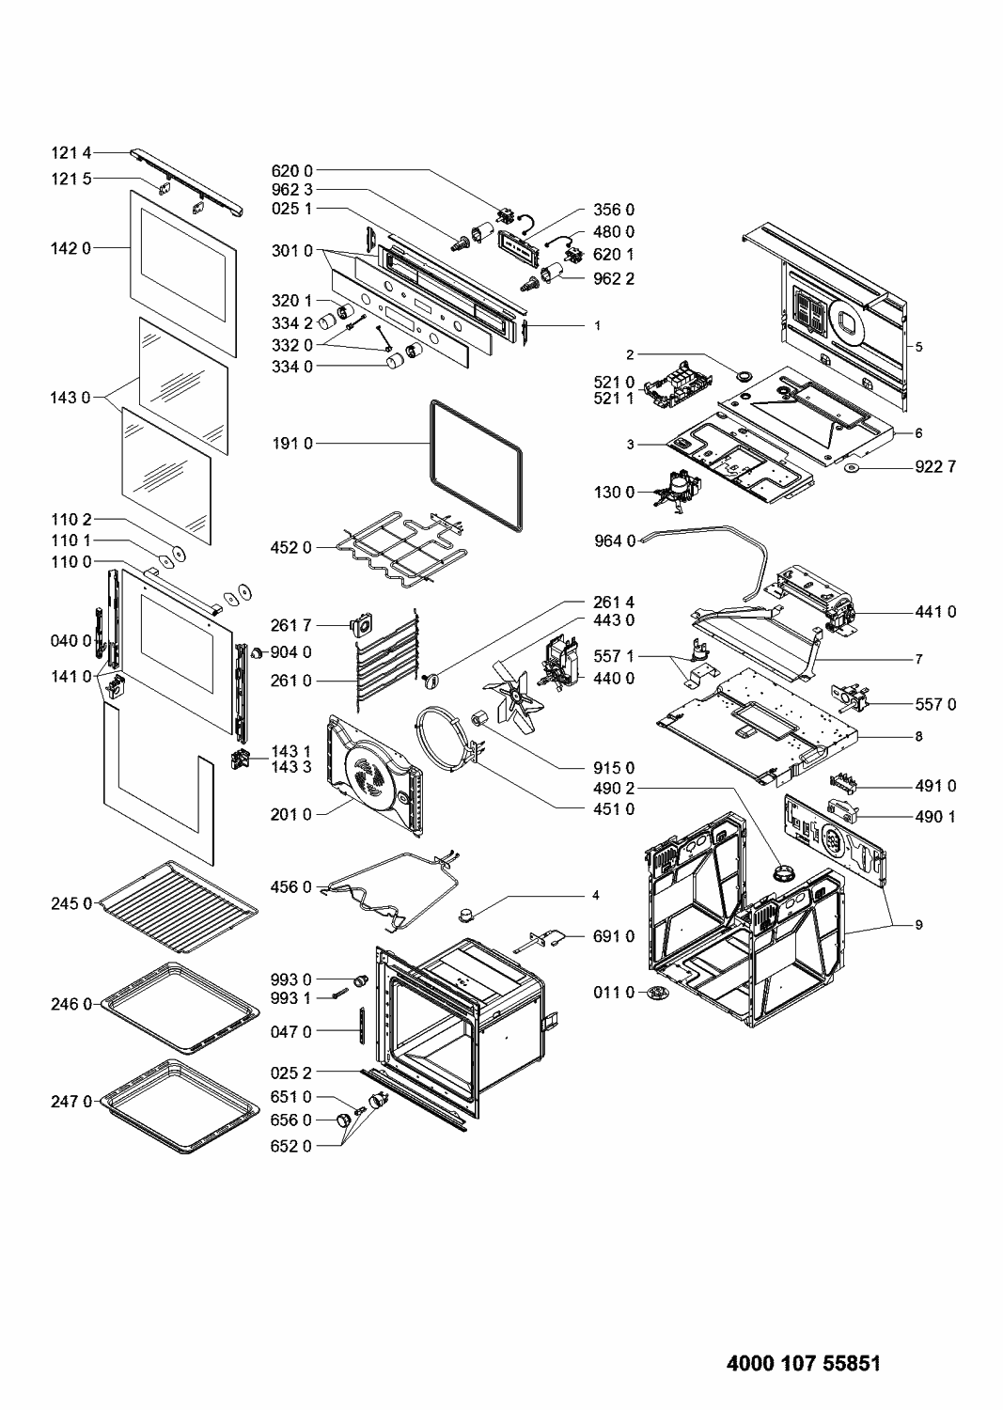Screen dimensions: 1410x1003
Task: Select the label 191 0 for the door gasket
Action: pyautogui.click(x=292, y=443)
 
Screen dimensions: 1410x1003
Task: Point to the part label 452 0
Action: pyautogui.click(x=292, y=546)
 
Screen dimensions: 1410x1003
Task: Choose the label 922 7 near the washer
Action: pyautogui.click(x=936, y=466)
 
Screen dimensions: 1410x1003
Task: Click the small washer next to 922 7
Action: pyautogui.click(x=853, y=466)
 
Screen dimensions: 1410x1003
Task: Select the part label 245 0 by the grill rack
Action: pyautogui.click(x=72, y=903)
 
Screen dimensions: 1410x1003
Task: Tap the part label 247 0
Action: pyautogui.click(x=72, y=1100)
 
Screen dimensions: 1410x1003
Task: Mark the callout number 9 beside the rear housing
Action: pyautogui.click(x=919, y=925)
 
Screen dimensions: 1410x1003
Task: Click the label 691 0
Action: pyautogui.click(x=614, y=936)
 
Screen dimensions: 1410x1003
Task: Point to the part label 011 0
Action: pyautogui.click(x=614, y=992)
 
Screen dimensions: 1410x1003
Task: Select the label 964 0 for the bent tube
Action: pyautogui.click(x=614, y=540)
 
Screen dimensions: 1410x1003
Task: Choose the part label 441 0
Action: pyautogui.click(x=936, y=612)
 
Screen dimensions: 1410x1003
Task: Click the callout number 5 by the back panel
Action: pyautogui.click(x=919, y=347)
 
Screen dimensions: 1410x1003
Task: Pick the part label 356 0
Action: pyautogui.click(x=614, y=209)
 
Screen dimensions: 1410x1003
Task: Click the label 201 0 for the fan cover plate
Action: pyautogui.click(x=292, y=814)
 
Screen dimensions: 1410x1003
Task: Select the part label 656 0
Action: pyautogui.click(x=292, y=1120)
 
